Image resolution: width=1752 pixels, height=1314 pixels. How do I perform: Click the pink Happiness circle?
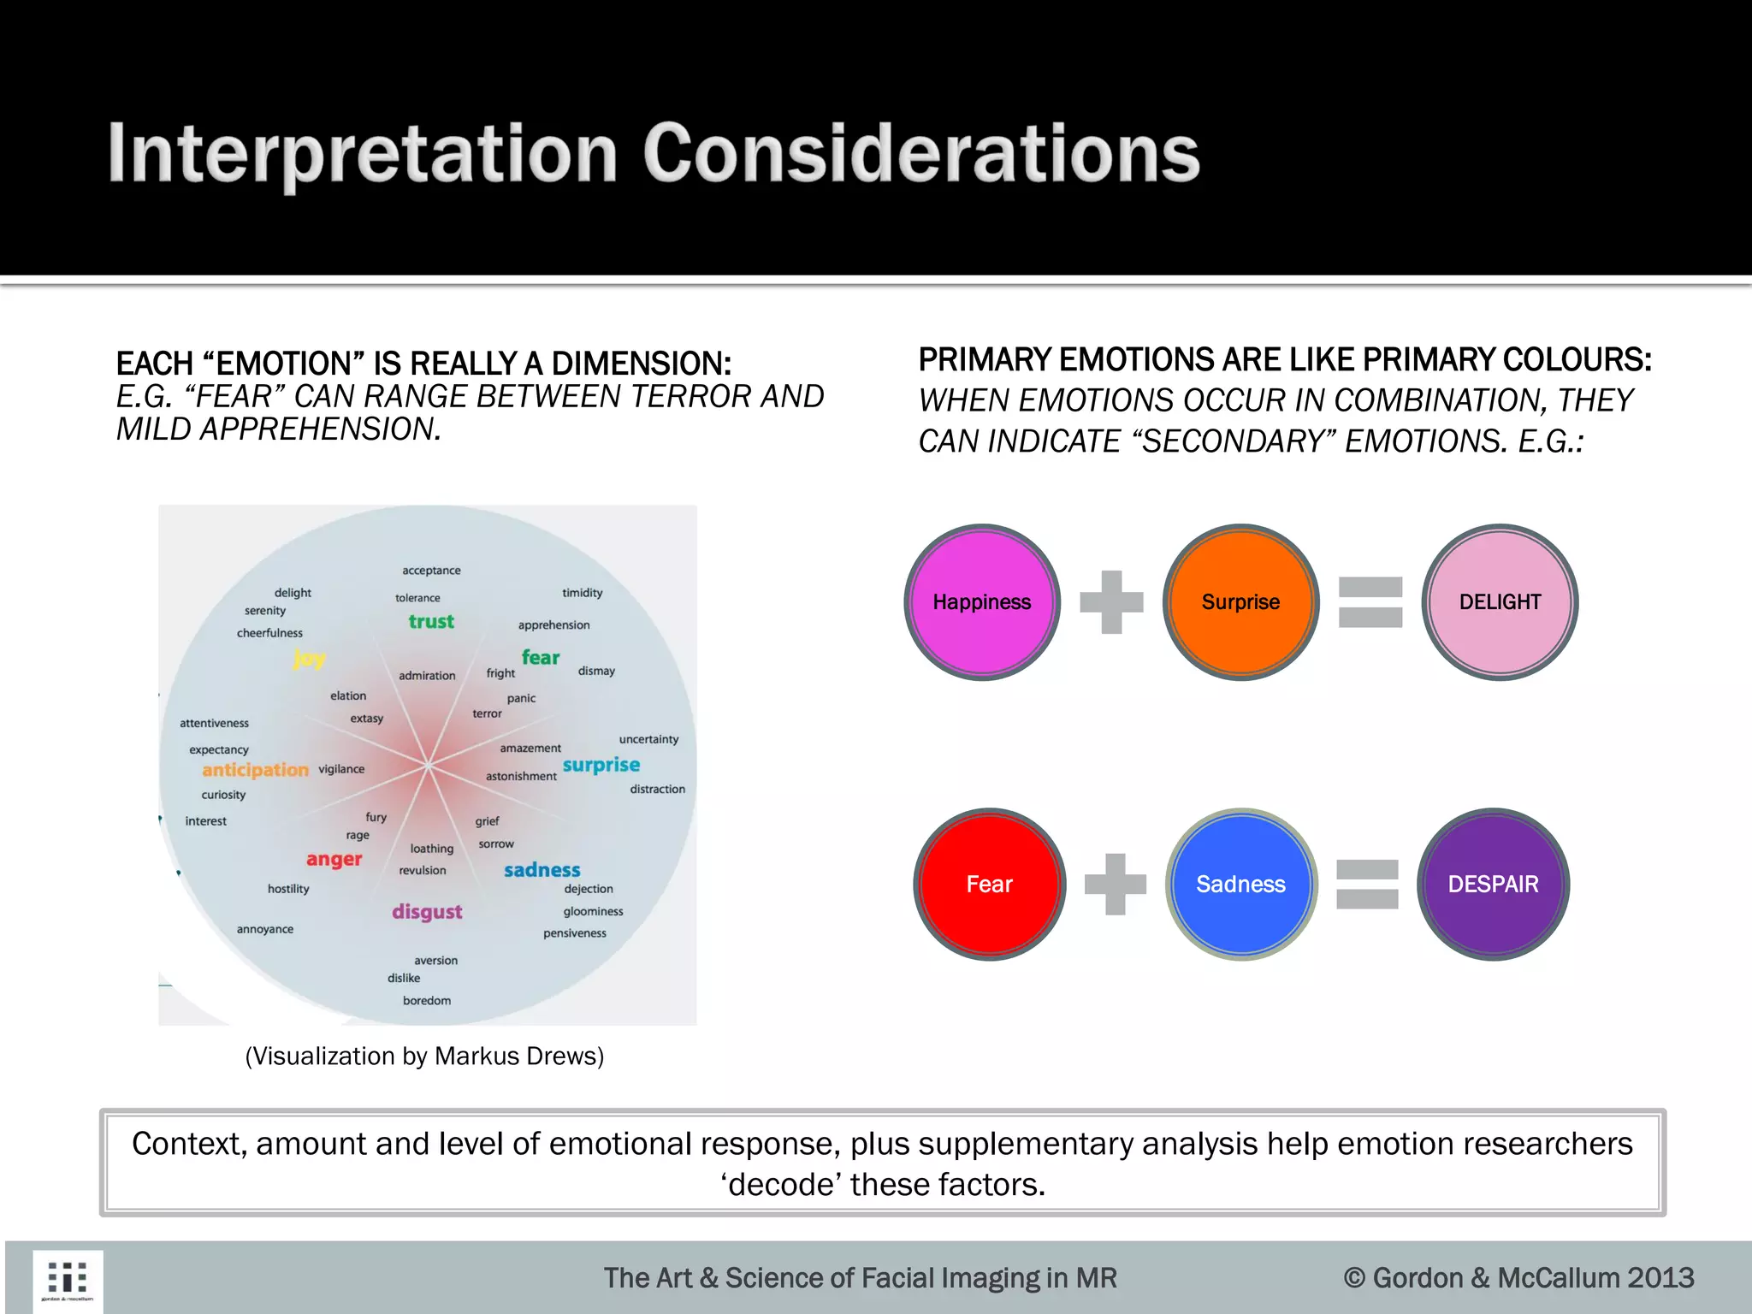[982, 602]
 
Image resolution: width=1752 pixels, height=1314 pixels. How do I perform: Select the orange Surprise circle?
[1240, 602]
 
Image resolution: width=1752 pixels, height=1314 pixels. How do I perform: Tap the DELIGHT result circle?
[1500, 602]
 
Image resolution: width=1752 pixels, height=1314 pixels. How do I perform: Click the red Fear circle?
[990, 885]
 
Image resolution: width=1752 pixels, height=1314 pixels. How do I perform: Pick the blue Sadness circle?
[1240, 885]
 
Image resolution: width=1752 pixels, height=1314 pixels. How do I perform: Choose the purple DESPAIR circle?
[1493, 885]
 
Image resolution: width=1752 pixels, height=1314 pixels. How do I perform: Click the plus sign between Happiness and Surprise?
[1111, 602]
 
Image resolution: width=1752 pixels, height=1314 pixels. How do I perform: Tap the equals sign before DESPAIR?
[1367, 885]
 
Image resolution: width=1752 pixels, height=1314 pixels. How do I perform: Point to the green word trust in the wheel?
[431, 622]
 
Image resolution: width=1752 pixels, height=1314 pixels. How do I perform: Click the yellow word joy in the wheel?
[309, 659]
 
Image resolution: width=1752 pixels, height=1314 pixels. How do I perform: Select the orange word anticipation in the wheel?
[255, 770]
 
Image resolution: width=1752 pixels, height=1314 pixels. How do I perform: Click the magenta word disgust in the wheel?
[427, 912]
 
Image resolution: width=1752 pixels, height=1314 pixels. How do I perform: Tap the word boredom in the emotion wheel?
[427, 1000]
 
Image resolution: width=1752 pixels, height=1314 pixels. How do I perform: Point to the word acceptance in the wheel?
[431, 571]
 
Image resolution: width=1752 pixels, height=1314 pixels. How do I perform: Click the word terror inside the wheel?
[487, 713]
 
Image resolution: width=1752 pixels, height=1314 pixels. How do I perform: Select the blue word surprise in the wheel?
[601, 765]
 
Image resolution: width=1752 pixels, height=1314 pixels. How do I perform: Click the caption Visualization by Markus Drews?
[424, 1056]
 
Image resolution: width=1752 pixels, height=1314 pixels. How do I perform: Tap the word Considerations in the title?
[920, 153]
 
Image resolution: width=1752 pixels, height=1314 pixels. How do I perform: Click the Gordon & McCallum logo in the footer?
[68, 1281]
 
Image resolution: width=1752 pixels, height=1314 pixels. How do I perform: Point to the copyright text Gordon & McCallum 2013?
[1518, 1278]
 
